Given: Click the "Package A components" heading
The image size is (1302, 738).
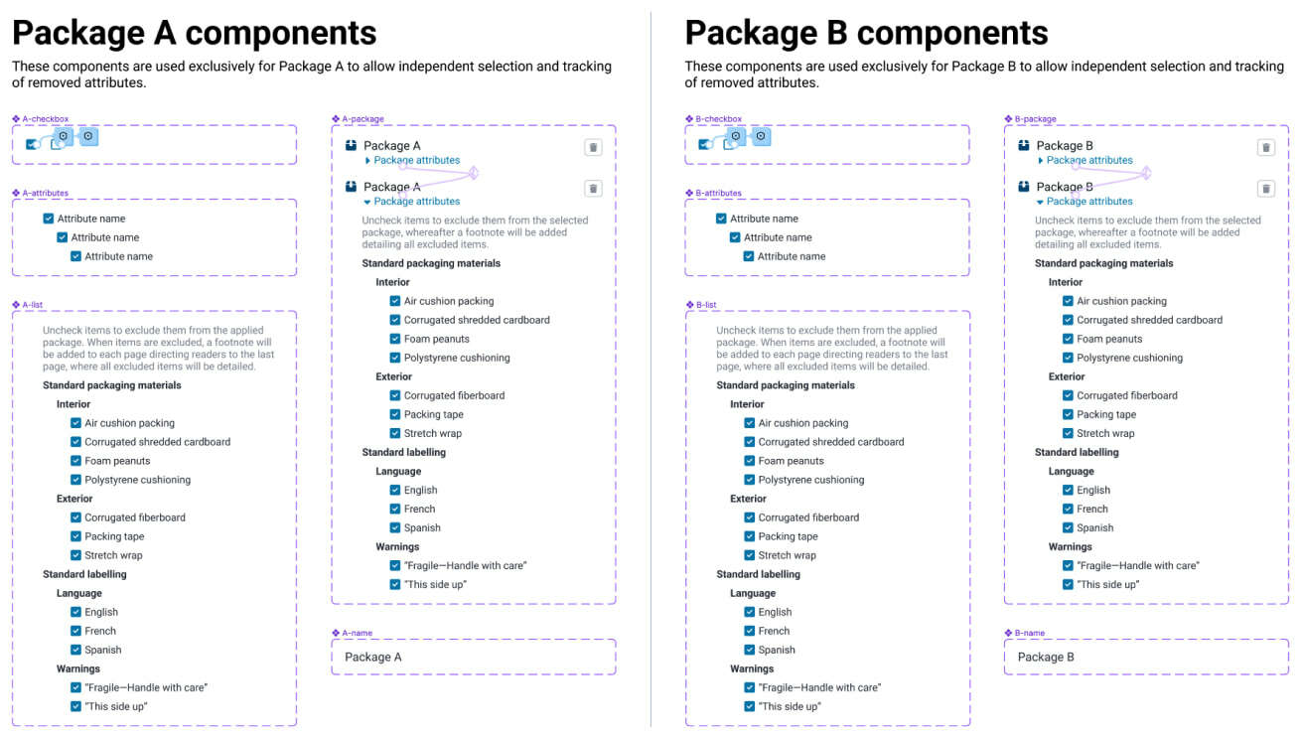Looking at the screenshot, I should click(194, 33).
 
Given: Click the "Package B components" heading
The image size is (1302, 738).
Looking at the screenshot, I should click(866, 33).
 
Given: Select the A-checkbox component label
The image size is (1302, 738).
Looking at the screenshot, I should click(46, 119).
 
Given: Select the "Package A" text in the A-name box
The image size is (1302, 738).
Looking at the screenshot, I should click(373, 657).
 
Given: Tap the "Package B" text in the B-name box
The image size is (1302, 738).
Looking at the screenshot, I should click(1046, 657).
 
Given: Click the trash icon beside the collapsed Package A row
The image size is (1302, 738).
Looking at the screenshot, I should click(593, 147).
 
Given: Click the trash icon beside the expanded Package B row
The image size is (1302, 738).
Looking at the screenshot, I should click(1265, 189).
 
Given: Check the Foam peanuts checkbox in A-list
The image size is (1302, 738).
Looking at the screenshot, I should click(76, 461).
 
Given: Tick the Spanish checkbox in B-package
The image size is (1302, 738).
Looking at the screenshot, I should click(1068, 527).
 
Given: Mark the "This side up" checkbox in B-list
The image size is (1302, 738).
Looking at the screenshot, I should click(750, 706).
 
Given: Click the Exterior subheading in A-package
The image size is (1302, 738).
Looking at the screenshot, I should click(393, 376).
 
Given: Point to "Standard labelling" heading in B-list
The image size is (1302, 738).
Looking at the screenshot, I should click(759, 574).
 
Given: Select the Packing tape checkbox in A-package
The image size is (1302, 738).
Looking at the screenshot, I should click(395, 414).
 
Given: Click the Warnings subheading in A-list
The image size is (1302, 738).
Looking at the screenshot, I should click(78, 668).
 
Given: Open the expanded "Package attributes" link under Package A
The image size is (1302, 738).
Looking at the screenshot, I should click(416, 202).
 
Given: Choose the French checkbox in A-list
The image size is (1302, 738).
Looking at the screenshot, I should click(76, 631).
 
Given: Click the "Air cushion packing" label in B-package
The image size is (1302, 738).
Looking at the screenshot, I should click(1121, 301).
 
